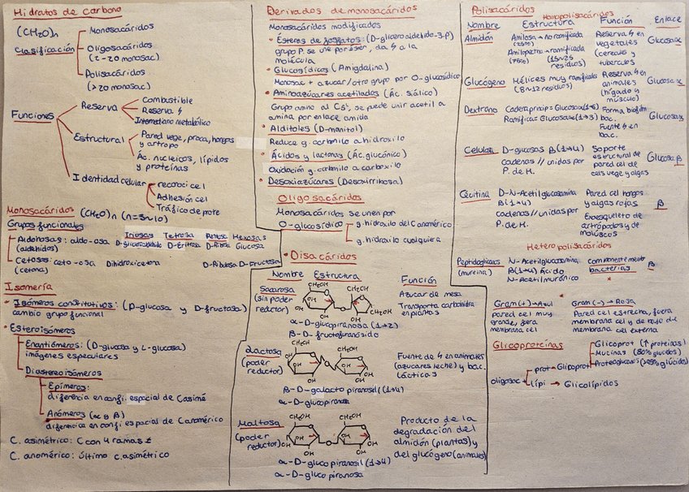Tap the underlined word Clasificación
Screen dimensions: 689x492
[x=44, y=50]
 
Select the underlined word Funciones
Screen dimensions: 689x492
[x=32, y=116]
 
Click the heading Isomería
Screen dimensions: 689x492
[x=28, y=287]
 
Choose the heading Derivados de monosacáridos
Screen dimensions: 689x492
[x=342, y=11]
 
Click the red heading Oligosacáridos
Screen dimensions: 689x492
[x=314, y=198]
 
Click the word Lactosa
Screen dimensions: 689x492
[x=262, y=351]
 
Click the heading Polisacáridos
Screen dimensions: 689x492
[x=497, y=10]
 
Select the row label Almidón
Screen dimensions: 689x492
[x=478, y=37]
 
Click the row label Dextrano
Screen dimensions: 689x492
[x=480, y=109]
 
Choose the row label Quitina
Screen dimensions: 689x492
[x=476, y=193]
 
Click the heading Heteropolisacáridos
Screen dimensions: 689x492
[x=569, y=245]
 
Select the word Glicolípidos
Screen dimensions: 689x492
[x=591, y=383]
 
